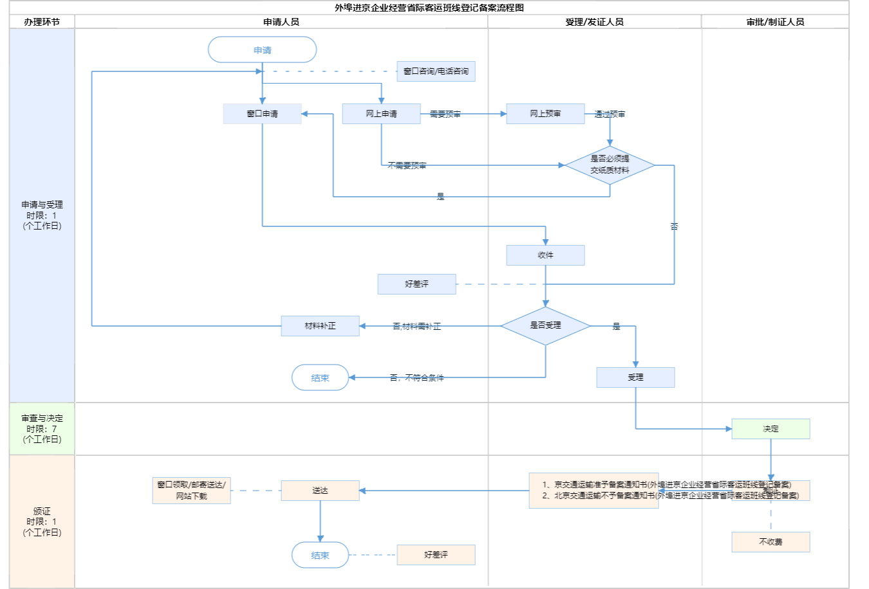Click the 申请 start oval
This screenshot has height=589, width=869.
262,50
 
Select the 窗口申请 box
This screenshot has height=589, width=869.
262,114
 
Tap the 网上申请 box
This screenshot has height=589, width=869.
381,114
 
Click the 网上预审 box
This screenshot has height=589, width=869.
545,114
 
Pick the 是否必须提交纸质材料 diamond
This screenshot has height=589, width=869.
610,165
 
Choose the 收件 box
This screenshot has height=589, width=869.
545,255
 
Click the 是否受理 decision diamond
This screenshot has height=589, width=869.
545,326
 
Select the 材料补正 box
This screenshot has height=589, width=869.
320,326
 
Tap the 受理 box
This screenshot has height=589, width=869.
635,377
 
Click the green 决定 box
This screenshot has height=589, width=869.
771,429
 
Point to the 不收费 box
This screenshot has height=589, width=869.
771,542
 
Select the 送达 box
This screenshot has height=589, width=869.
320,491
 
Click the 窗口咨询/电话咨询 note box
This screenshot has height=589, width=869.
436,71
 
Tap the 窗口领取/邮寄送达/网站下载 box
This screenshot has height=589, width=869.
191,491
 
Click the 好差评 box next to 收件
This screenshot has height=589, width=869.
416,284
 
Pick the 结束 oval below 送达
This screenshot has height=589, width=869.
320,555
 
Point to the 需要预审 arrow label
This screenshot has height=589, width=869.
445,114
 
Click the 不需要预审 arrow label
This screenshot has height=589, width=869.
407,166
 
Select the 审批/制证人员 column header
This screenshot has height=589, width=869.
775,22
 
